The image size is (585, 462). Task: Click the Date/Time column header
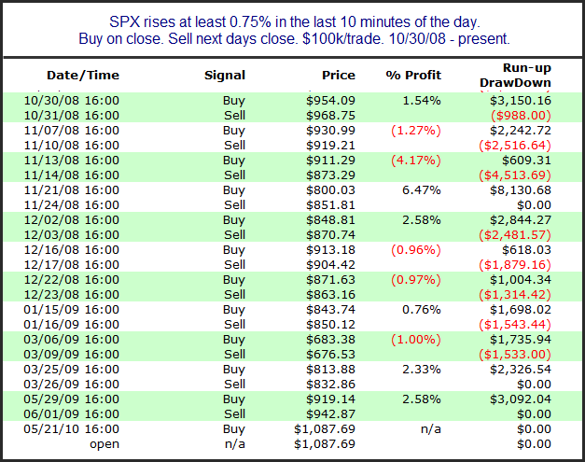pos(83,75)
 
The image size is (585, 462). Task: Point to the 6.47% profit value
pos(422,189)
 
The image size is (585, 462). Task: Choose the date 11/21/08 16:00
pos(83,189)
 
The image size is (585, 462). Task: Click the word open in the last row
pos(104,443)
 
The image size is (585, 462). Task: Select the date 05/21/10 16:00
pos(83,428)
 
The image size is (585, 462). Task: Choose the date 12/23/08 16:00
pos(83,295)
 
